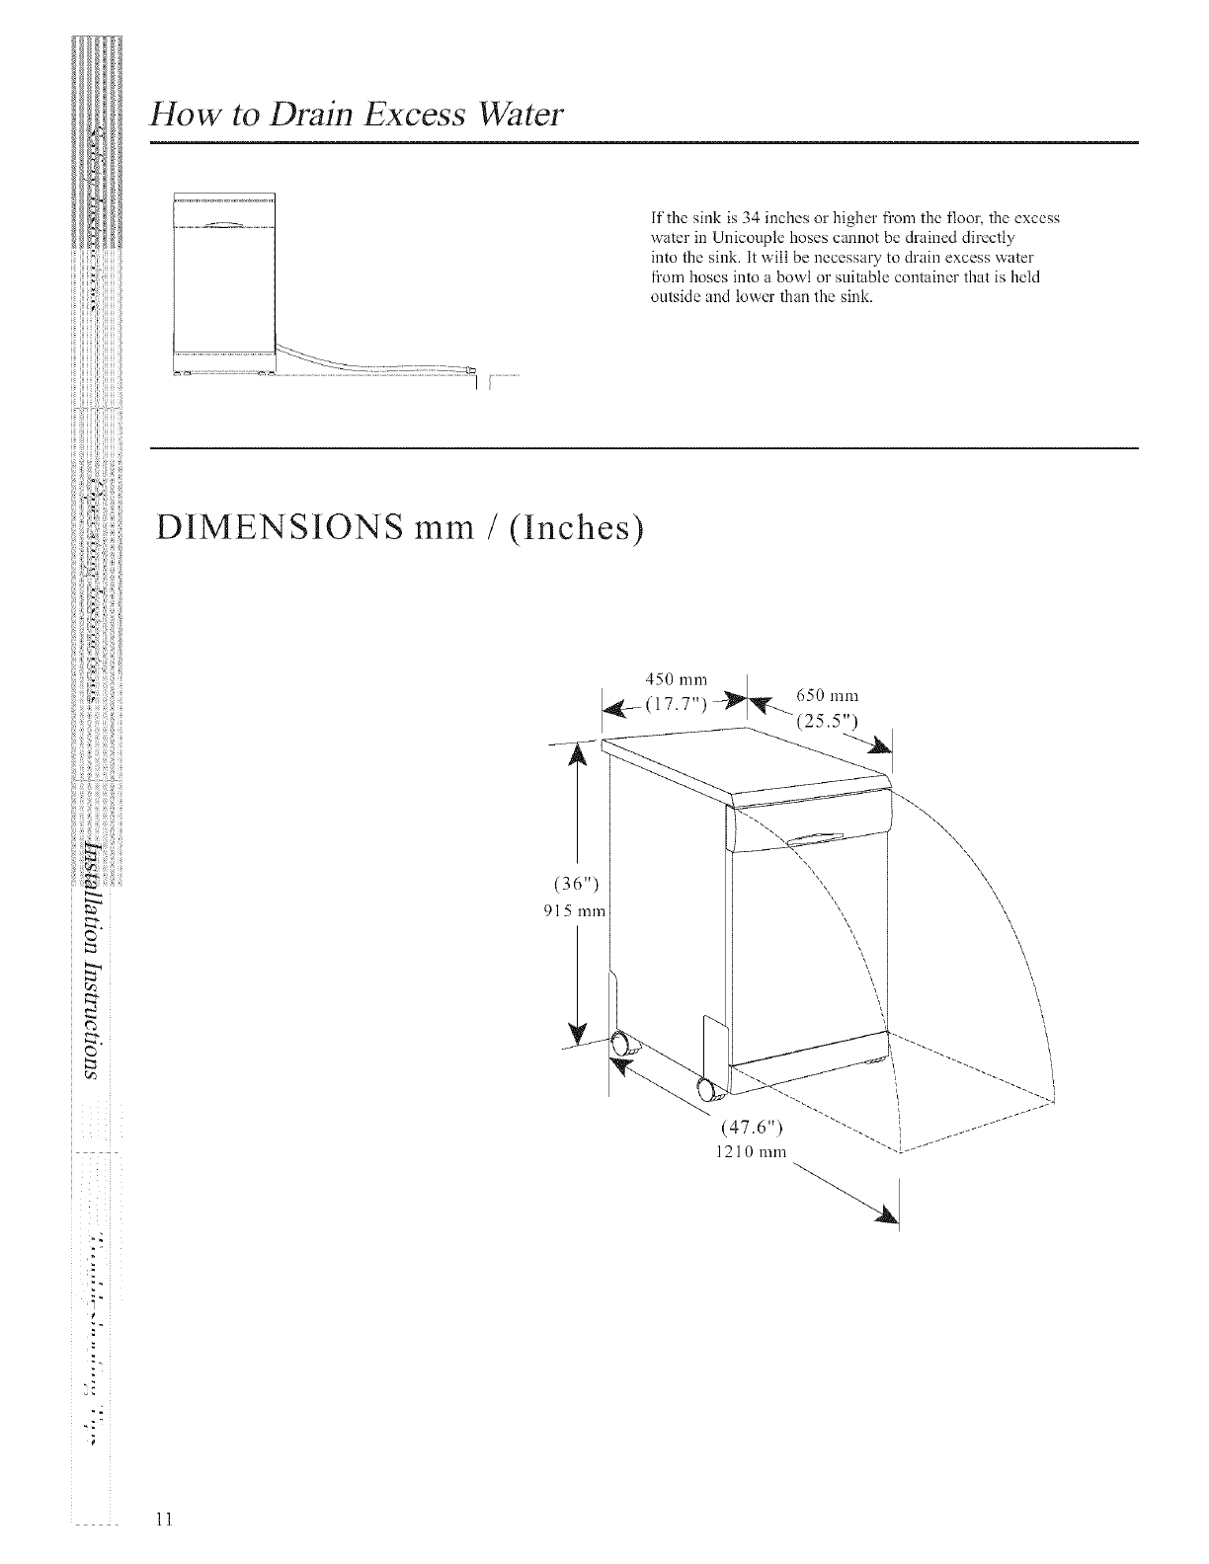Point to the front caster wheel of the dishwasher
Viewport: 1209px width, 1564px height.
tap(708, 1088)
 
